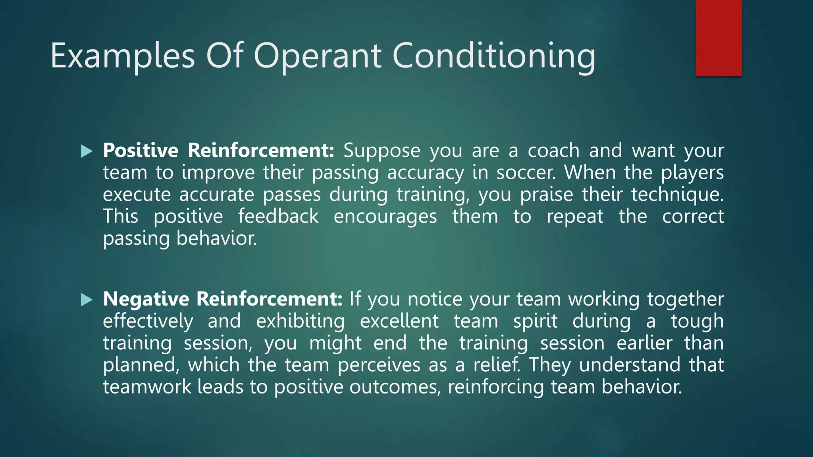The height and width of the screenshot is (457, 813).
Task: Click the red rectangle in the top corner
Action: point(719,38)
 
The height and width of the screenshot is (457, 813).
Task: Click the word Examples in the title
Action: point(123,56)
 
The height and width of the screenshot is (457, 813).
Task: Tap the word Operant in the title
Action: point(318,56)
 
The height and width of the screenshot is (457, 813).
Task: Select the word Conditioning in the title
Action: point(494,56)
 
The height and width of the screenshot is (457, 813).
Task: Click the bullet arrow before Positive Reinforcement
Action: point(87,151)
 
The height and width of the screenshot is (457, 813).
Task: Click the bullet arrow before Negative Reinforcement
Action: point(87,300)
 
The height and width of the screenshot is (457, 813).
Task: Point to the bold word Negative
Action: point(146,299)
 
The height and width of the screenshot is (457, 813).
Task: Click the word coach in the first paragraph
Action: point(553,151)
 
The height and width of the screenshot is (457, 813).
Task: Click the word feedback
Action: point(278,217)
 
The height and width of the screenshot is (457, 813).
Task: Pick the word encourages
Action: point(385,217)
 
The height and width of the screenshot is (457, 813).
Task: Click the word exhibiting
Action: point(300,321)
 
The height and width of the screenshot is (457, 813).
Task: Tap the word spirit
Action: point(535,321)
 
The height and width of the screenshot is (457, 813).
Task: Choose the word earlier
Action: point(644,343)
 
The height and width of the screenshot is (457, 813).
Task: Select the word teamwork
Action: point(147,387)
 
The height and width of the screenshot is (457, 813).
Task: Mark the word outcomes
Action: point(395,387)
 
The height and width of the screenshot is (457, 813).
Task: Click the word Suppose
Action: point(381,151)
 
